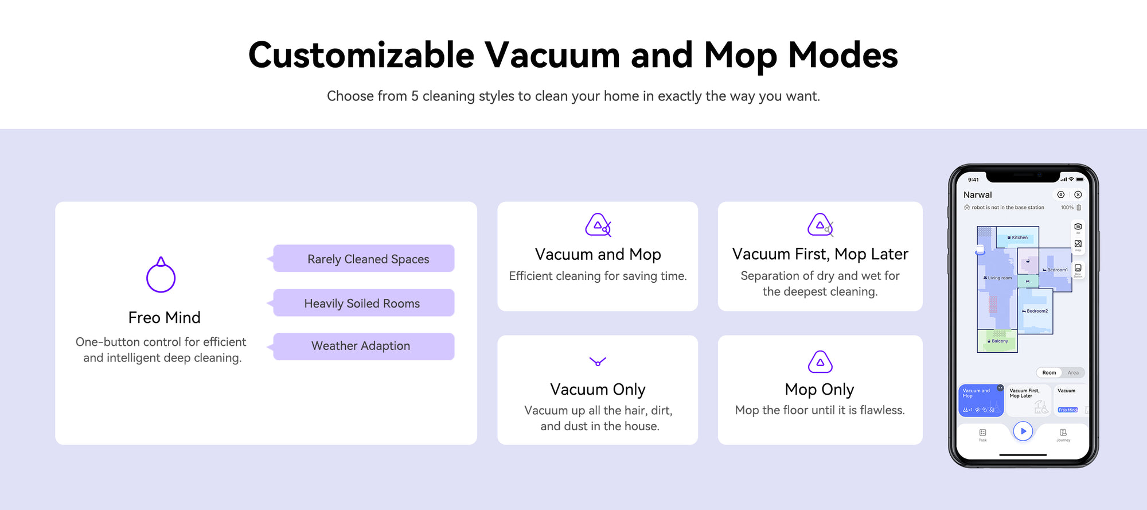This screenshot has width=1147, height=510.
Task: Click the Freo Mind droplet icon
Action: [x=161, y=275]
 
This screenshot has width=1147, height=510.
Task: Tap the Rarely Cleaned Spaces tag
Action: [x=364, y=259]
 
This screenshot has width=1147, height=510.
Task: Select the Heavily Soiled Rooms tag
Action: [x=364, y=303]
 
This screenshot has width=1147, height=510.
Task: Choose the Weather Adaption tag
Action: [x=364, y=346]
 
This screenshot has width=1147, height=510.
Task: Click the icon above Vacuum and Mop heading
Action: [x=598, y=225]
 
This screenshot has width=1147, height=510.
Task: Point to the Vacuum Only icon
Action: [x=598, y=361]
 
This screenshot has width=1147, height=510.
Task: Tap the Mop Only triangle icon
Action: [x=820, y=362]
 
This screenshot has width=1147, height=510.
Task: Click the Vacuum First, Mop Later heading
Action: [x=820, y=254]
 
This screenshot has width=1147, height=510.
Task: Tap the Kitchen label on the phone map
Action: [x=1018, y=238]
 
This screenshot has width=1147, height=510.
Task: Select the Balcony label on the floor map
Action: [x=998, y=341]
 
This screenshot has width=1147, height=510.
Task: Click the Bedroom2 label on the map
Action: [x=1035, y=311]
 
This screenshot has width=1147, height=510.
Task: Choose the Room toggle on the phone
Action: [x=1049, y=373]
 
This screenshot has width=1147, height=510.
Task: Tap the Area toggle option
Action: [x=1073, y=373]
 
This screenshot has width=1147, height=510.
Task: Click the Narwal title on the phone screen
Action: [x=977, y=195]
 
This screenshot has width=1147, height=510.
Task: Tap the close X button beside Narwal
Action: [x=1078, y=195]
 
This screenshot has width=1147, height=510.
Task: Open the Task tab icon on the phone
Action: [x=983, y=433]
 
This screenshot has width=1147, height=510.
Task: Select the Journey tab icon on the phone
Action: [x=1063, y=433]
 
